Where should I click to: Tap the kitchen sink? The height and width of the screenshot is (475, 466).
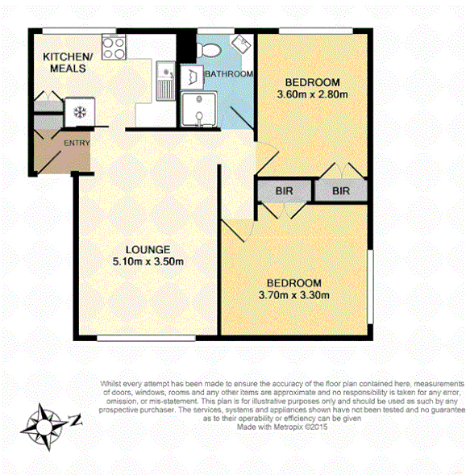(166, 80)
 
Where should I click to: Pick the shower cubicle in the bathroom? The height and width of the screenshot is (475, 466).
(196, 110)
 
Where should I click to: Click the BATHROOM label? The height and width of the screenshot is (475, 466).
(228, 74)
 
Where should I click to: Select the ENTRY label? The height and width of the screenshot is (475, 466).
(77, 144)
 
